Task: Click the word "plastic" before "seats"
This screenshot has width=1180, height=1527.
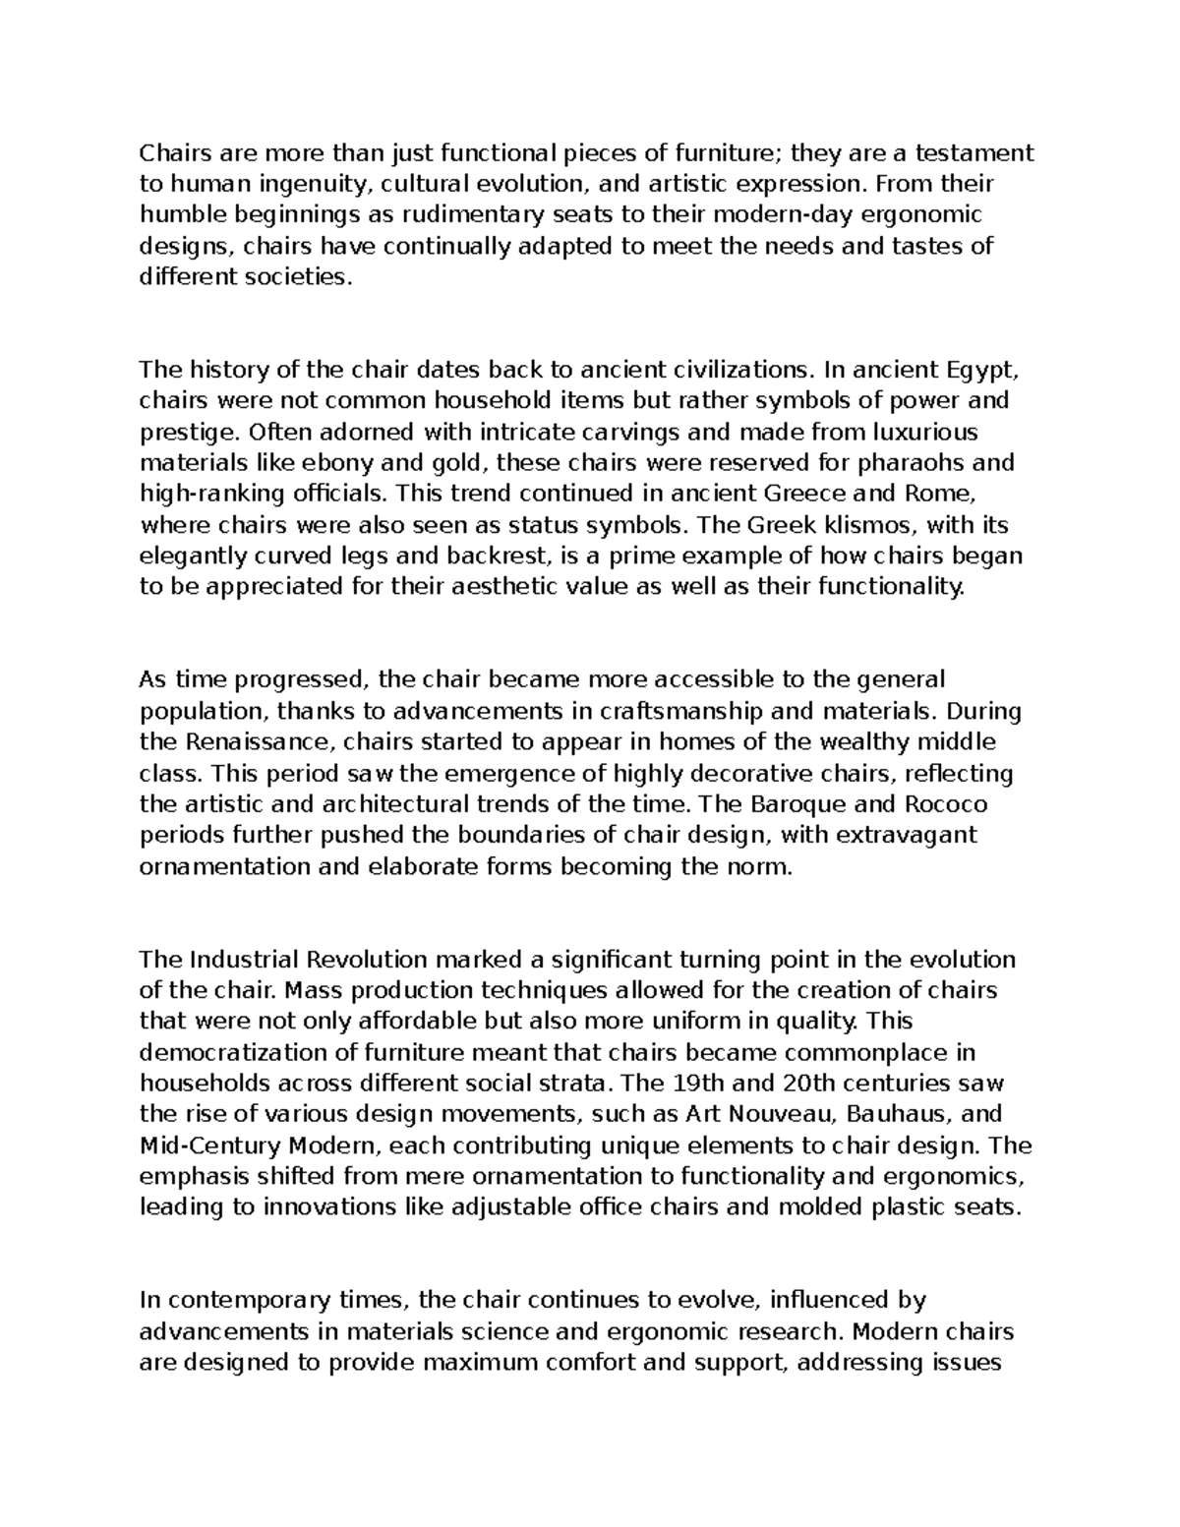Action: (x=908, y=1206)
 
